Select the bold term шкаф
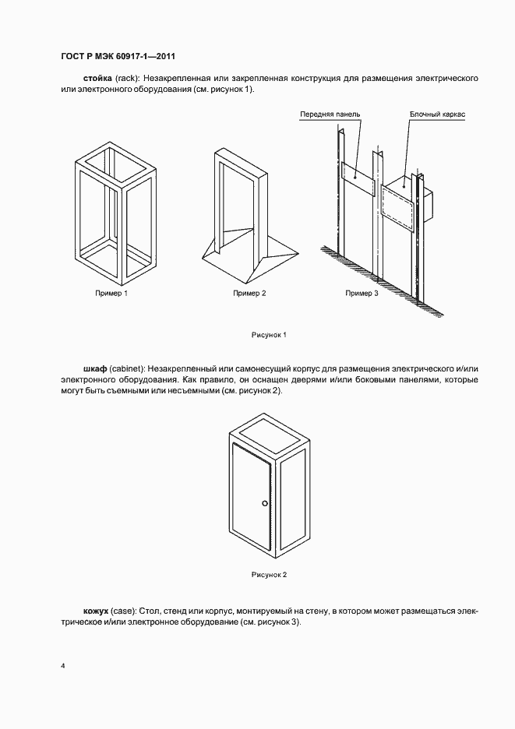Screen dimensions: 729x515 click(95, 368)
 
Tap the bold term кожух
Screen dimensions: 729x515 click(97, 611)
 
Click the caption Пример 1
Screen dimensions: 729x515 click(111, 294)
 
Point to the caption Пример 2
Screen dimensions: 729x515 click(249, 294)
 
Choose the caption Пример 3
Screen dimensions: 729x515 click(362, 294)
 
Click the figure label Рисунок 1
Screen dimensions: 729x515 click(270, 335)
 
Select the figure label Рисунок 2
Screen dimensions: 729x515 click(270, 575)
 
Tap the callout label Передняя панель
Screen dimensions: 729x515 click(330, 114)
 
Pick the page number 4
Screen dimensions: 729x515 click(62, 667)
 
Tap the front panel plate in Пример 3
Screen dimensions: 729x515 click(357, 178)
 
